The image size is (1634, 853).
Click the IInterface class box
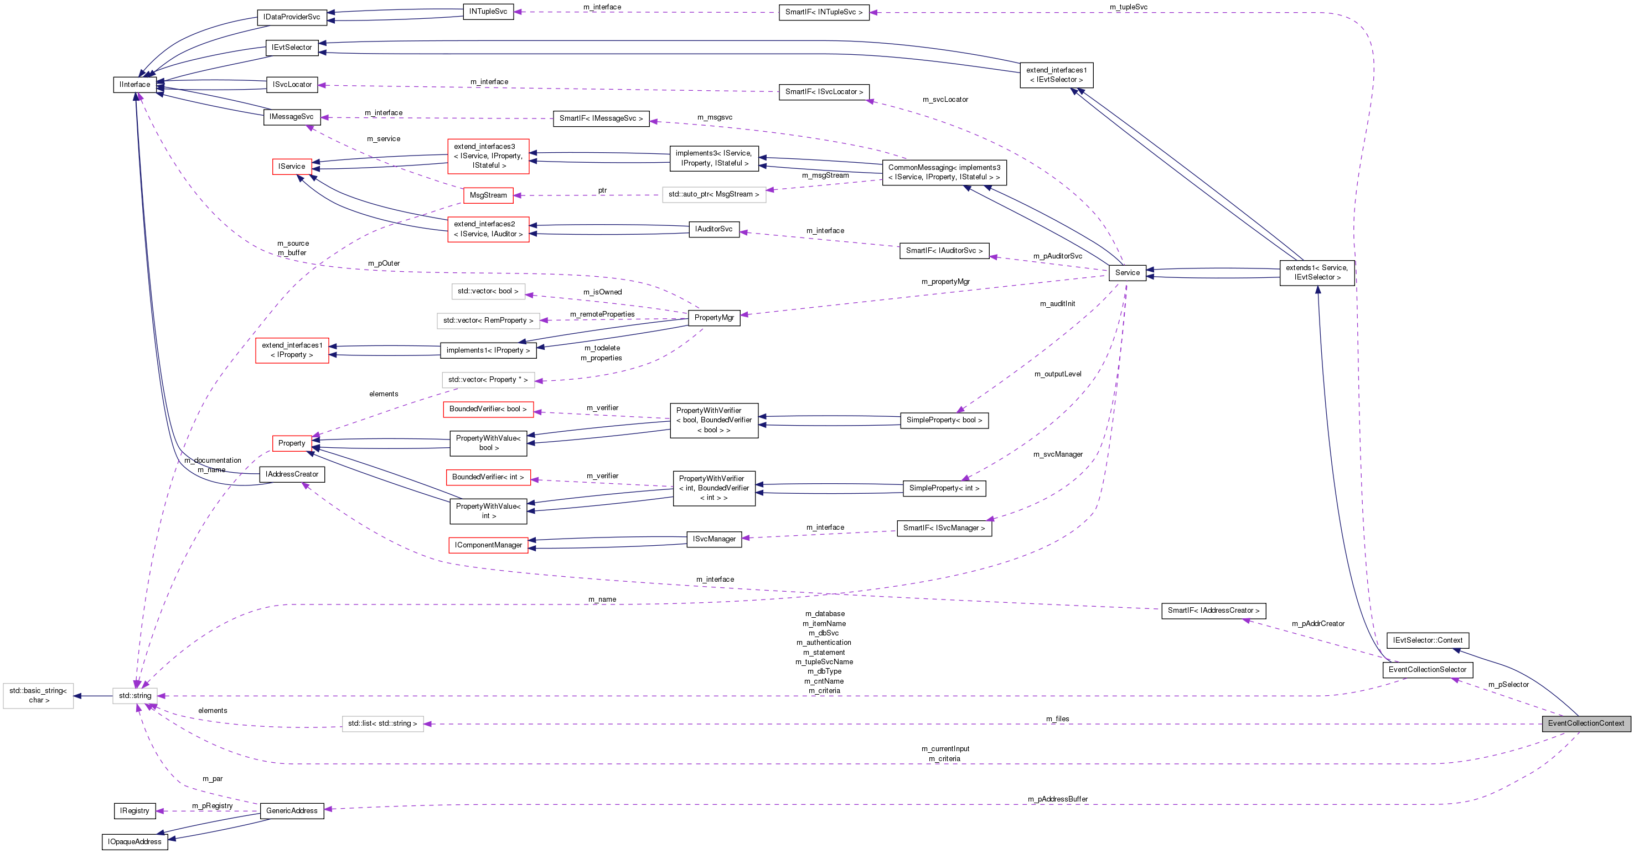[x=135, y=84]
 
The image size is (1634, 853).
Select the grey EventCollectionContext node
[x=1586, y=723]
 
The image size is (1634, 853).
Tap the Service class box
[x=1127, y=273]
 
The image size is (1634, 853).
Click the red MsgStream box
[x=488, y=195]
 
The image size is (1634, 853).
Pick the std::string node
[x=135, y=696]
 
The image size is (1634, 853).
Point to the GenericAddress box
[x=292, y=810]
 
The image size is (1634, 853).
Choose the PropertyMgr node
[x=713, y=317]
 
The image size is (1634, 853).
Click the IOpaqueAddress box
[x=135, y=841]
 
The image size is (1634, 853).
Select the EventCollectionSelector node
[x=1427, y=670]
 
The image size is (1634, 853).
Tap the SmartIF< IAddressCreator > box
[x=1213, y=610]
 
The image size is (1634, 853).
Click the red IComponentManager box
[x=488, y=545]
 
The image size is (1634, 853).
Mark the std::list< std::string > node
[x=382, y=723]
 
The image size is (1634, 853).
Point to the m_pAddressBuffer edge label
[x=1057, y=799]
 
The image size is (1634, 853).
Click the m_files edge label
[x=1057, y=718]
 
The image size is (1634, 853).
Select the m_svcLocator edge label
[x=945, y=100]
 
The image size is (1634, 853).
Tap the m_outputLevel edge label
[x=1057, y=374]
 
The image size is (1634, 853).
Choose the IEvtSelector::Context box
[x=1427, y=640]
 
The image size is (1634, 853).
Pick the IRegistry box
[x=135, y=810]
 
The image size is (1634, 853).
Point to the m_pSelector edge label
[x=1508, y=685]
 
